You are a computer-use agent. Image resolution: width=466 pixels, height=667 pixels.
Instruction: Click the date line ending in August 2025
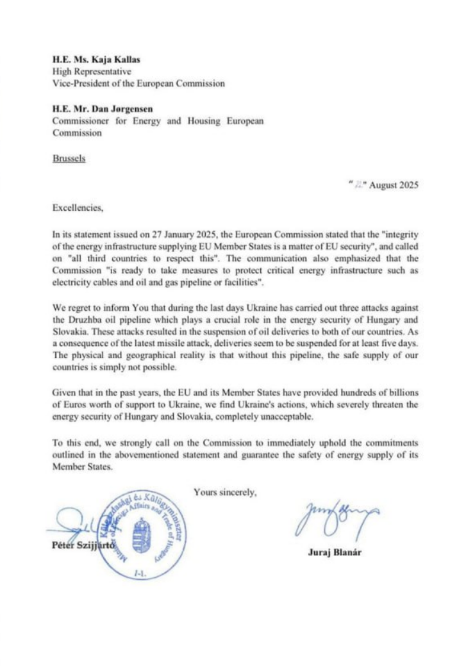[x=383, y=185]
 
